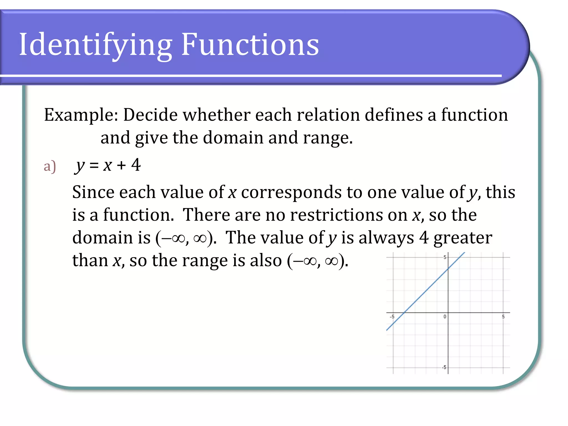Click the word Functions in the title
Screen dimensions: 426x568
click(250, 44)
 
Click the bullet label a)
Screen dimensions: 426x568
click(50, 166)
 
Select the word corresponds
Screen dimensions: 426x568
click(291, 192)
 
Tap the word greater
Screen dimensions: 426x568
click(463, 238)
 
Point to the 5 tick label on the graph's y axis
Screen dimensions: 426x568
click(445, 257)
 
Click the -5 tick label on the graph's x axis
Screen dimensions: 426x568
click(392, 316)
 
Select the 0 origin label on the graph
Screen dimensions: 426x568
click(445, 316)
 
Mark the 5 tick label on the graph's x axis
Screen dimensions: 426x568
click(503, 316)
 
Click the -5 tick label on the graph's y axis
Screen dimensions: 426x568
click(444, 367)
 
